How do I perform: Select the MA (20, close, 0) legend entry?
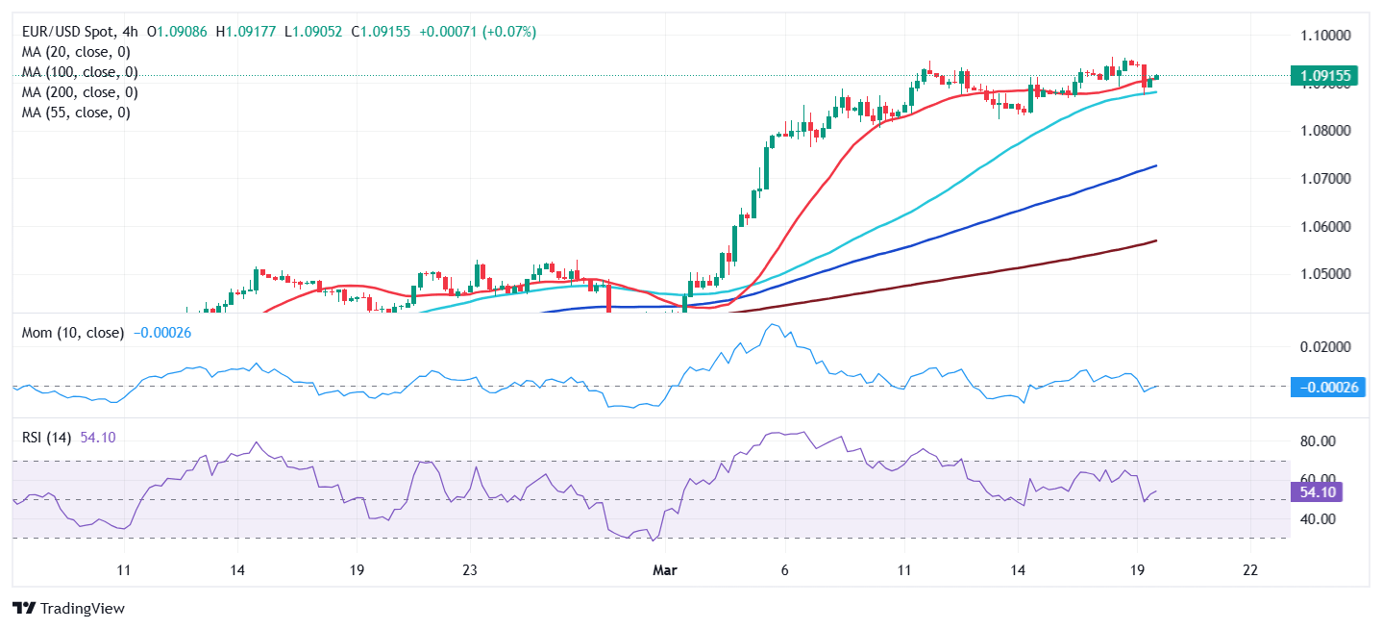point(76,52)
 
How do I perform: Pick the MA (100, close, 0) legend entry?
point(80,72)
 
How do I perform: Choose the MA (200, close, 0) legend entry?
point(80,92)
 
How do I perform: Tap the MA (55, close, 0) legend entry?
point(76,113)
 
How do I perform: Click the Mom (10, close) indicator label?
point(73,333)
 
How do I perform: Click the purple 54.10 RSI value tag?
point(1317,492)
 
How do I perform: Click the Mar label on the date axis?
point(665,569)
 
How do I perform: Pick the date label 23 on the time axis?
point(469,569)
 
